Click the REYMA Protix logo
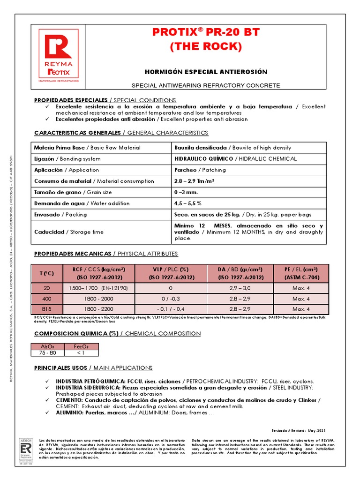click(59, 57)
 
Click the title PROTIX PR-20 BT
click(206, 32)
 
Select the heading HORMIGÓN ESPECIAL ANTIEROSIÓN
click(205, 72)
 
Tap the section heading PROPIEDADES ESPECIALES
click(71, 100)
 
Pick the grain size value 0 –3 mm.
click(187, 192)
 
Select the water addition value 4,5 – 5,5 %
click(187, 203)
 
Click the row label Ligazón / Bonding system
click(67, 159)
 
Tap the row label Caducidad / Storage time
click(69, 232)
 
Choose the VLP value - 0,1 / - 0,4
click(171, 309)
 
